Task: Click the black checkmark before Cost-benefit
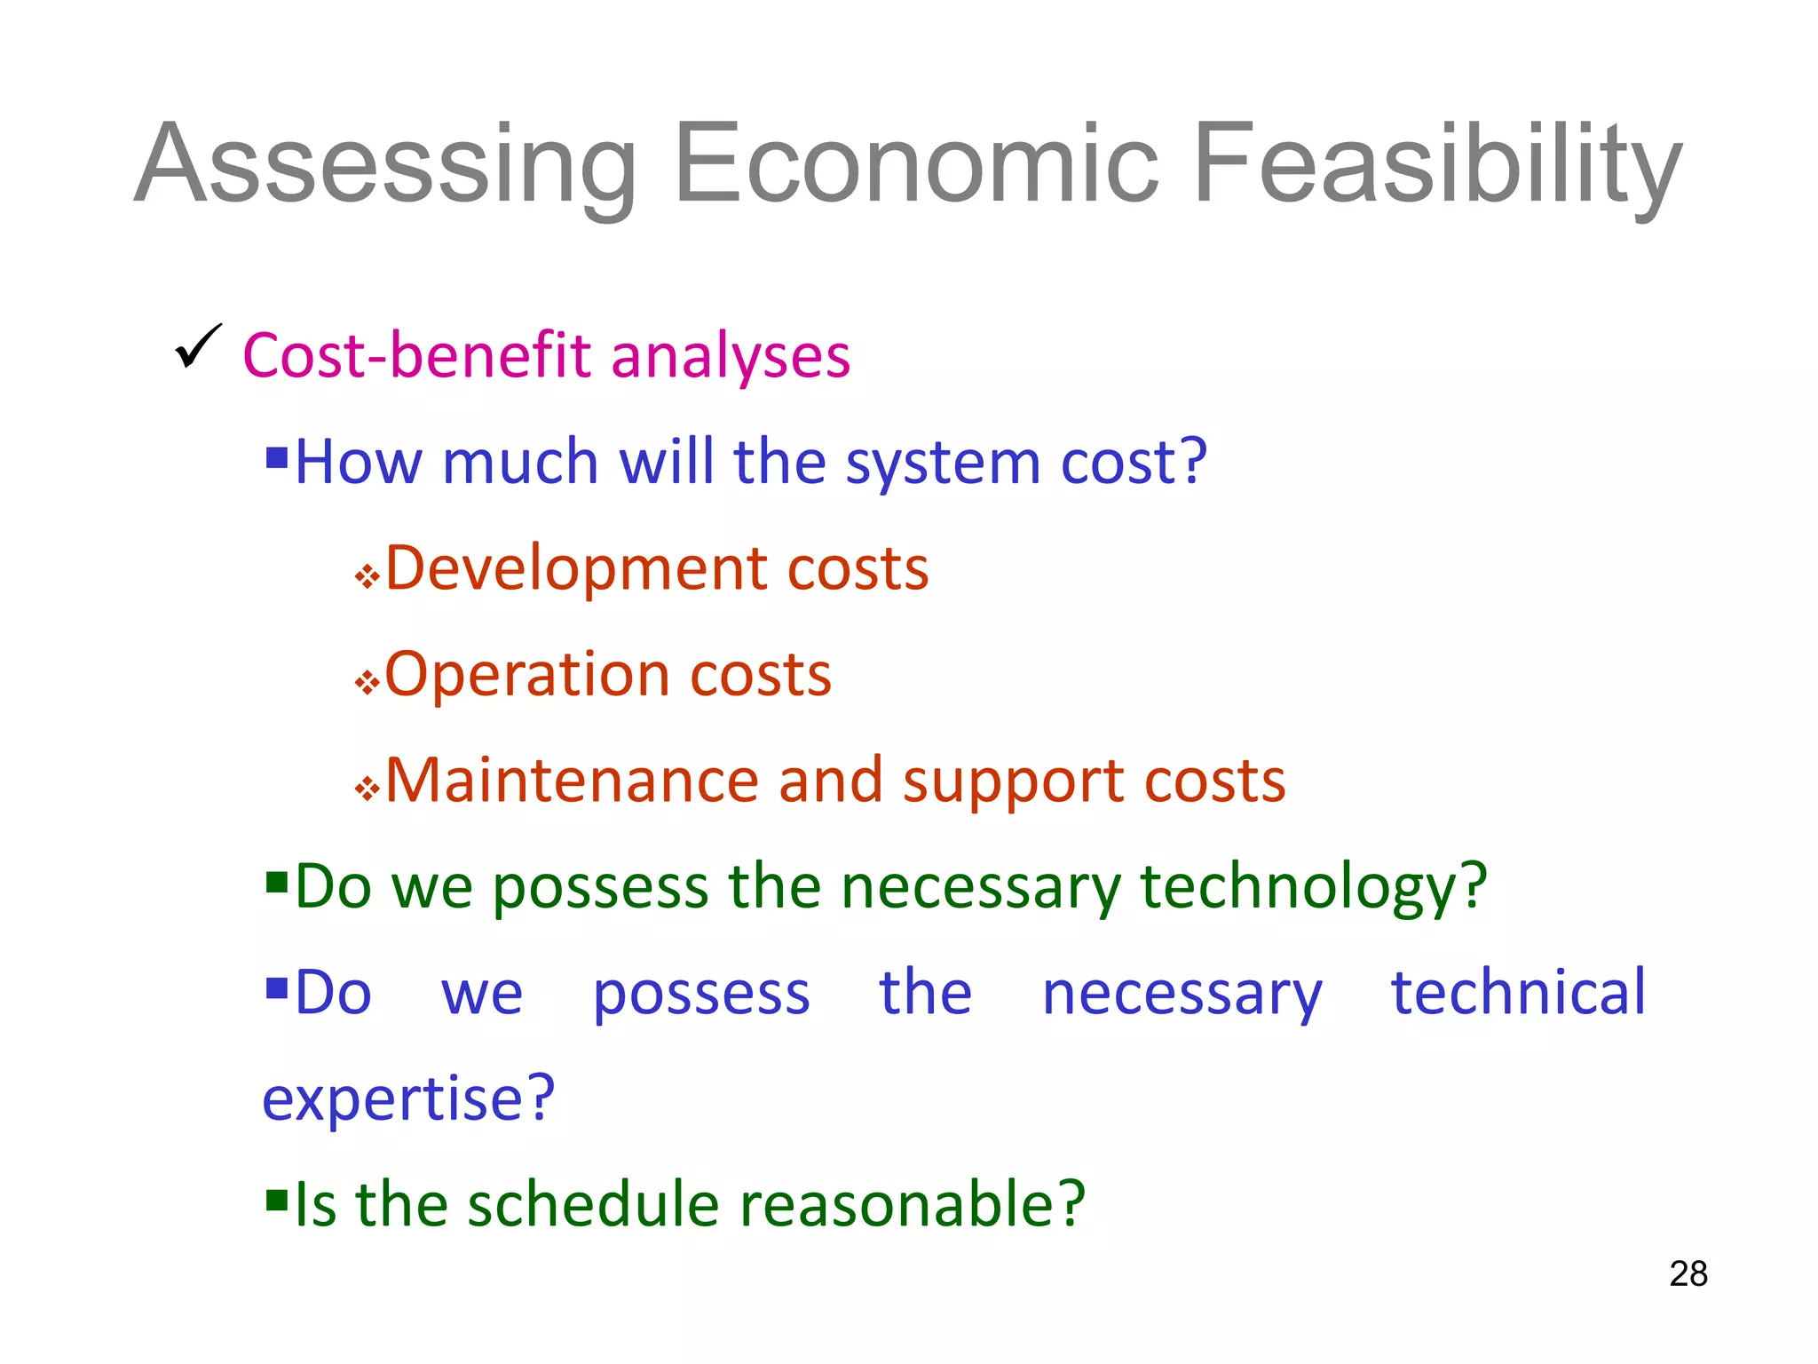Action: (x=198, y=346)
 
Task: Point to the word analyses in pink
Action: (x=730, y=356)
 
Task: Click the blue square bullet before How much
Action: (x=277, y=458)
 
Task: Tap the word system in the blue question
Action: (x=942, y=464)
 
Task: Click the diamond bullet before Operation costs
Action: (x=367, y=683)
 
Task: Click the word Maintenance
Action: (x=571, y=781)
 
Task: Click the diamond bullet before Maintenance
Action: (x=367, y=789)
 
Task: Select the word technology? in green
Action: (x=1312, y=888)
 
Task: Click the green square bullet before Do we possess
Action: (x=277, y=883)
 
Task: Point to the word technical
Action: (x=1518, y=993)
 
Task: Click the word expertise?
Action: (x=408, y=1099)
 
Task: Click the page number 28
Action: (x=1688, y=1274)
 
